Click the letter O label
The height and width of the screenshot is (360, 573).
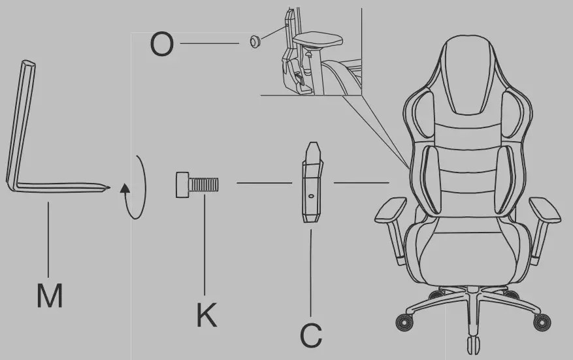(162, 44)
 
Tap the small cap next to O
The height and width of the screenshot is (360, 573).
(255, 42)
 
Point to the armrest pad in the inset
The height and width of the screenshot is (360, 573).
(318, 39)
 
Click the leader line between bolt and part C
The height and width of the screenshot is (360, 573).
(263, 183)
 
